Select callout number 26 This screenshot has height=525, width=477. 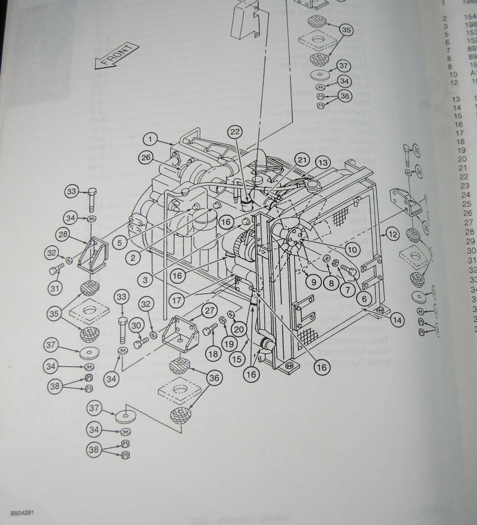145,158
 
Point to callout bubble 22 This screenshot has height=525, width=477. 235,131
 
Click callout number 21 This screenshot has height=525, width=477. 302,159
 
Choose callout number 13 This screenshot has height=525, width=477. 323,162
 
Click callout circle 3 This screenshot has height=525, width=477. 146,279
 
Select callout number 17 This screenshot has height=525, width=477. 177,300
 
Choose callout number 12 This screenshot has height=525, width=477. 392,235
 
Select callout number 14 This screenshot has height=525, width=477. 397,320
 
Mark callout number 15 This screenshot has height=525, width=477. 237,360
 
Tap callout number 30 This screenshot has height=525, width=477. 136,325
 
